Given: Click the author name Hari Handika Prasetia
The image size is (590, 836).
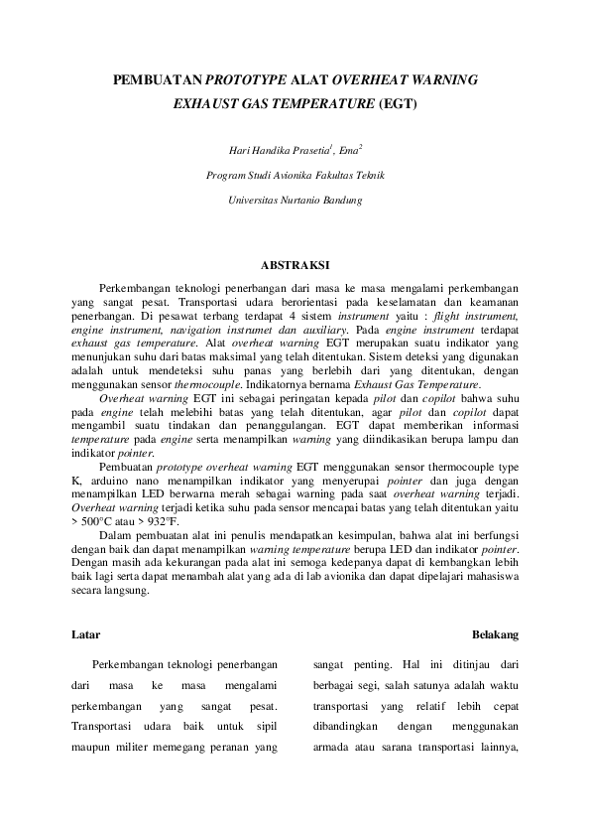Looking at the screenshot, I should click(x=279, y=151).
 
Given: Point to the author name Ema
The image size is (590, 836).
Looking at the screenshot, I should click(x=349, y=151).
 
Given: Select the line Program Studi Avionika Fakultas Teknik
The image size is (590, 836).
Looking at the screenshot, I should click(x=295, y=176).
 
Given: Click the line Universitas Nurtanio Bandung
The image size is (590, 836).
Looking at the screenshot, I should click(x=295, y=200).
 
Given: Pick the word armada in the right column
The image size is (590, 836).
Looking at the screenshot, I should click(x=332, y=749).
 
